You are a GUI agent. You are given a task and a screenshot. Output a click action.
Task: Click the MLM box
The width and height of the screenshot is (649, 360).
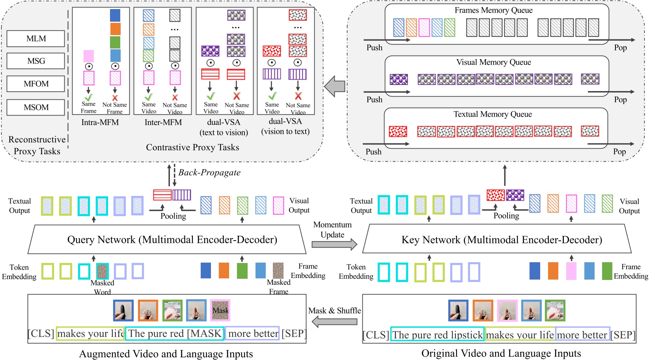point(36,39)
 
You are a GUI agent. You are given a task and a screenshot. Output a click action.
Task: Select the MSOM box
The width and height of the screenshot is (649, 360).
point(36,107)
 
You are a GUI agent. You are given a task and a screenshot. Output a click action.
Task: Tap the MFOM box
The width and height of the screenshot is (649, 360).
point(36,84)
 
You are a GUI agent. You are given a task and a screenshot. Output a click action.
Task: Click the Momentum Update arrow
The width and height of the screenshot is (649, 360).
point(334,244)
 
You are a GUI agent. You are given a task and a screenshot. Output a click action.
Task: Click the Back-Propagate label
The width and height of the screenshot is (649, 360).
point(209,172)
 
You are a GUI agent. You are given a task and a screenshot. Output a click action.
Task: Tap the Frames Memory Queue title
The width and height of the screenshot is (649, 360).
point(493,10)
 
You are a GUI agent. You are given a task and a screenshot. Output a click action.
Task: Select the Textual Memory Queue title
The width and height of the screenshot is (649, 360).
point(492,114)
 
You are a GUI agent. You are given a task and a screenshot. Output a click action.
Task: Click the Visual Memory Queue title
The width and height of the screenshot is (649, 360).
point(493,62)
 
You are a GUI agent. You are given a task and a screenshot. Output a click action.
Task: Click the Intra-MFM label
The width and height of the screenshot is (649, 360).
point(100,122)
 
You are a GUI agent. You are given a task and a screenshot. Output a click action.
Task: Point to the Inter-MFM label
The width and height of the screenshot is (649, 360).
point(163,122)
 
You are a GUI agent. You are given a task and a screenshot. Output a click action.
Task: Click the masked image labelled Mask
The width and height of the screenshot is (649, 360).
point(220,310)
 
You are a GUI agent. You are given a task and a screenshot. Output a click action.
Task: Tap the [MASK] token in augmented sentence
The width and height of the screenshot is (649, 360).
point(205,334)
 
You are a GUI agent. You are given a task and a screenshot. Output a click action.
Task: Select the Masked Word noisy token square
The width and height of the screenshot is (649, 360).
point(103,271)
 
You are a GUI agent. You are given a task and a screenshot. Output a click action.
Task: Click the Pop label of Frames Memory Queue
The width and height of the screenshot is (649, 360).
point(620,48)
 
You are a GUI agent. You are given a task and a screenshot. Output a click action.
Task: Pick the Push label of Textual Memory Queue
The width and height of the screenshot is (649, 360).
point(373,152)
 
